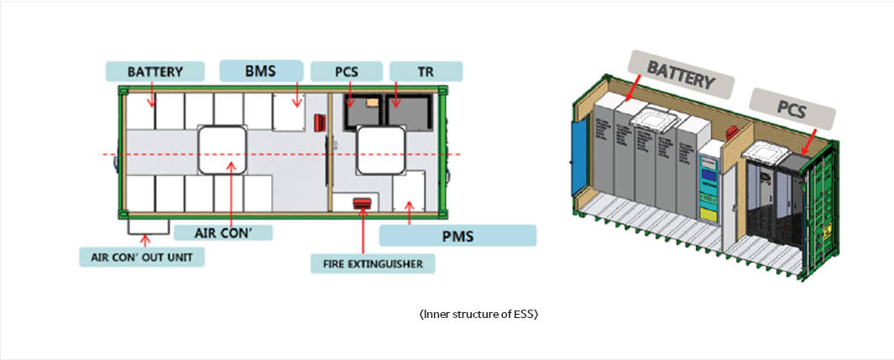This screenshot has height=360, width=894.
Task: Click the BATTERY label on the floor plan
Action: (155, 71)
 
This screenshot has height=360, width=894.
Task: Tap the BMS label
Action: (260, 70)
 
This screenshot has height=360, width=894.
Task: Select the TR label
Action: (426, 71)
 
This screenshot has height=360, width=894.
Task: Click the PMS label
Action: (457, 235)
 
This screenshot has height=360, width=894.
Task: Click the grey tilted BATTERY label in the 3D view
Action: (681, 73)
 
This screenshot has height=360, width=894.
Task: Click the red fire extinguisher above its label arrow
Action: (363, 204)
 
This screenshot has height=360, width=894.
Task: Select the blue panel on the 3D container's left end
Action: (578, 155)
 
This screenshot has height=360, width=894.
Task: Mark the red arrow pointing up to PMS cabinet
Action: (409, 214)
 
